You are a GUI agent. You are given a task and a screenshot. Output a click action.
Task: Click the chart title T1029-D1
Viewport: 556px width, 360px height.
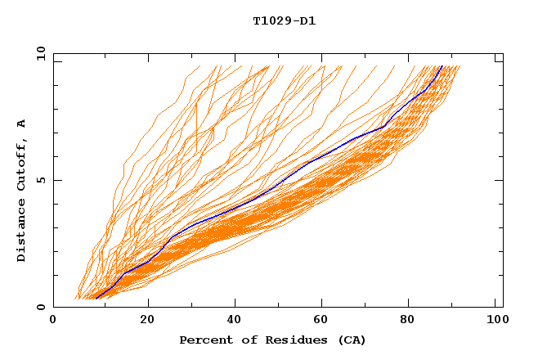[x=284, y=20]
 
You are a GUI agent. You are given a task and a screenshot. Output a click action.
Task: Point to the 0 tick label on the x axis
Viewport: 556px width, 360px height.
[x=53, y=321]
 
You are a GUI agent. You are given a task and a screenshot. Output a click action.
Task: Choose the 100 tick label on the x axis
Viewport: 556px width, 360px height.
[x=496, y=321]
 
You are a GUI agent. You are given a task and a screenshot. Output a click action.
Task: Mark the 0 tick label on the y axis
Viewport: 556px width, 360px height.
[x=40, y=307]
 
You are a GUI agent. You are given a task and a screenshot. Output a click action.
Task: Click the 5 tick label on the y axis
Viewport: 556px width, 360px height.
[x=40, y=180]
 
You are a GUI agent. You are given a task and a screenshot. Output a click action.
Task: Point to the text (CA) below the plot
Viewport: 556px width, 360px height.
[x=349, y=340]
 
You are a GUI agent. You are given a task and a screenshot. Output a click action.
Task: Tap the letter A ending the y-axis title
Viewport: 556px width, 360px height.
[x=21, y=123]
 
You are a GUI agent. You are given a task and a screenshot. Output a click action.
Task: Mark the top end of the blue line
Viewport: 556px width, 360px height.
[x=442, y=66]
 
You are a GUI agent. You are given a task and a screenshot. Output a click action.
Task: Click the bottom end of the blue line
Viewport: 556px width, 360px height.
[x=96, y=299]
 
